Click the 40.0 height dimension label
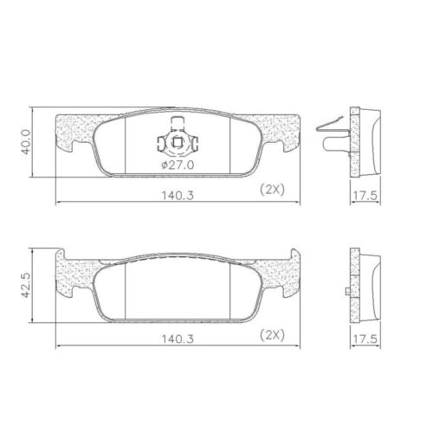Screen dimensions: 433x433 pos(26,142)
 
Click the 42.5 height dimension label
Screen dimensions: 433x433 pos(26,285)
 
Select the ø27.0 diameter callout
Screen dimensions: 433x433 pos(178,165)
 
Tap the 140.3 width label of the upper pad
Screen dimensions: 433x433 pos(178,196)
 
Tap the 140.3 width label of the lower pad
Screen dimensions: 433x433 pos(178,339)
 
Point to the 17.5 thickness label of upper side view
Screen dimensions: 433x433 pos(365,196)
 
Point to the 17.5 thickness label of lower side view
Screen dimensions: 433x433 pos(365,339)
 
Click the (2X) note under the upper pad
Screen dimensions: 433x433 pos(272,190)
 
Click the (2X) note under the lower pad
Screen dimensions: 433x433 pos(272,335)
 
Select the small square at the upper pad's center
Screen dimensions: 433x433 pos(177,142)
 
